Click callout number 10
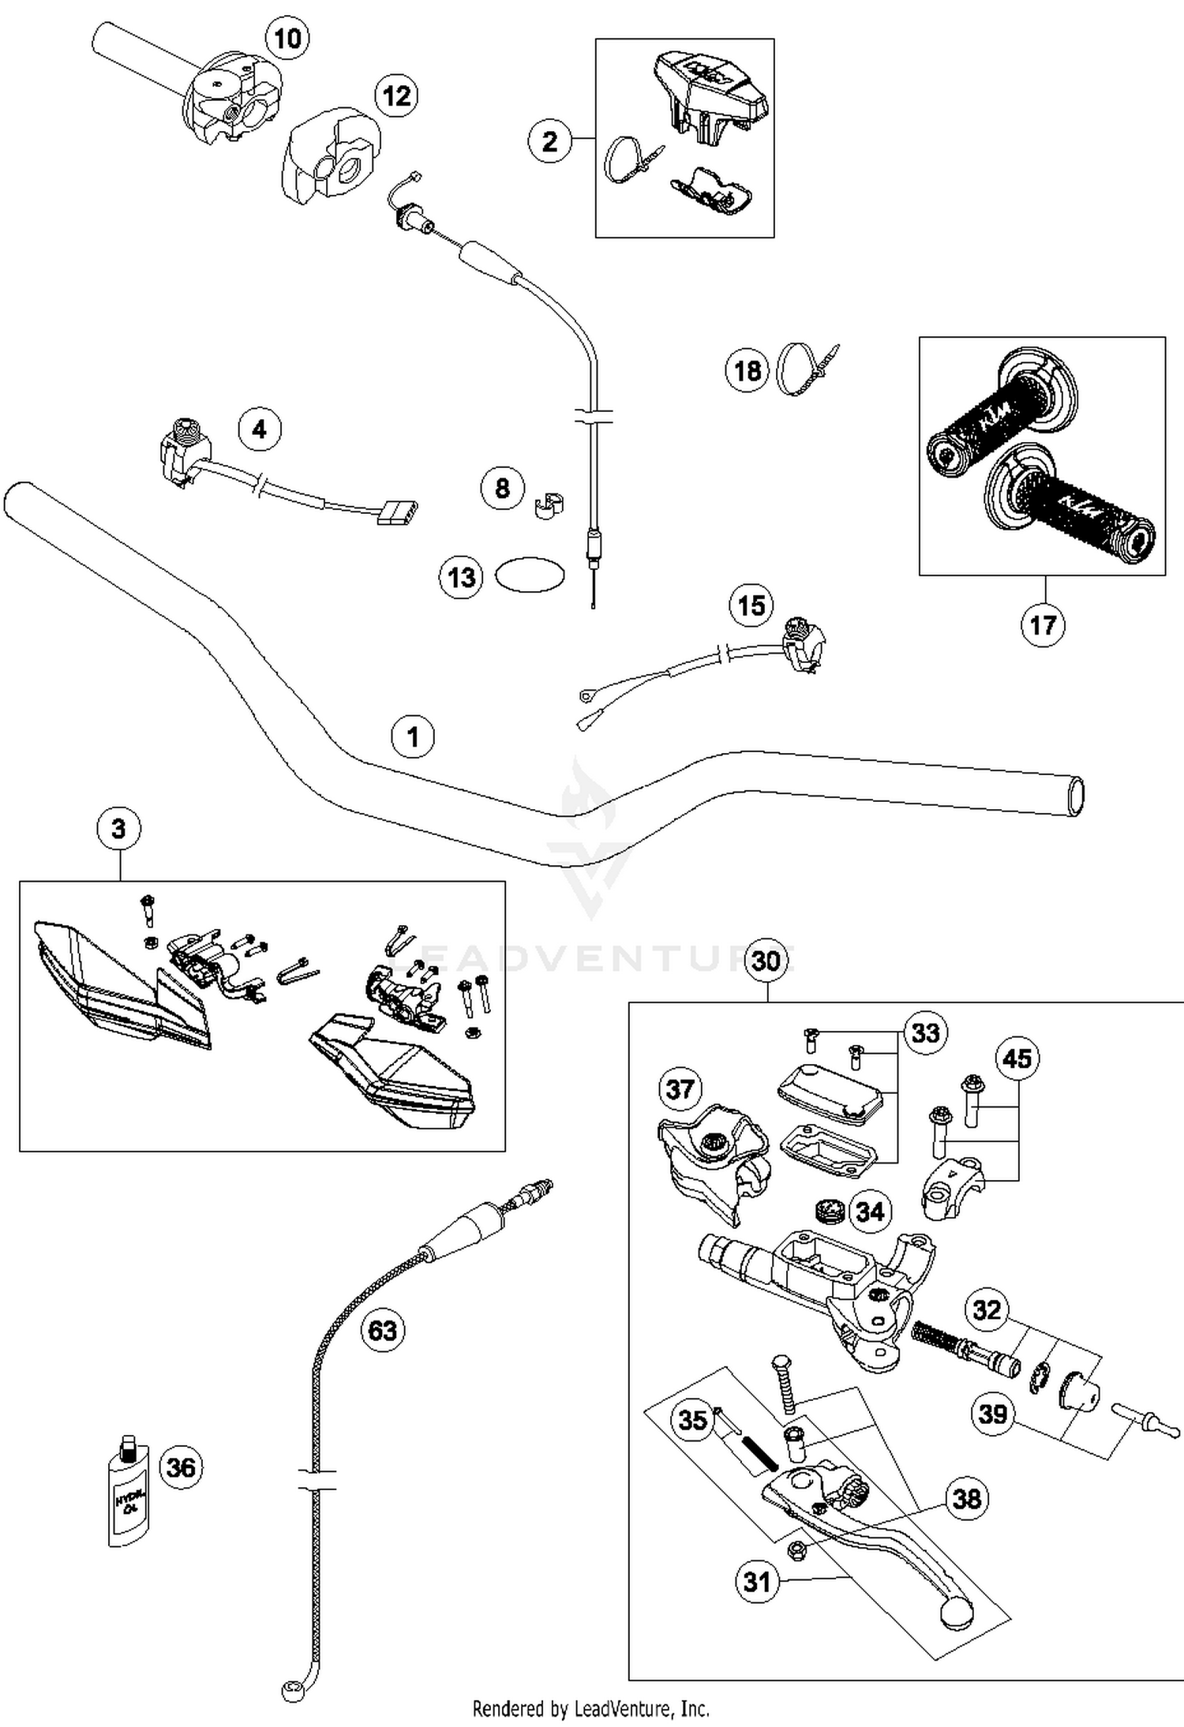pos(287,38)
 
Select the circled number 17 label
pos(1043,625)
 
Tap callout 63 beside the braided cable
pos(383,1330)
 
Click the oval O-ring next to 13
pos(530,575)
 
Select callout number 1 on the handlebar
pos(413,736)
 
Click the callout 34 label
pos(870,1212)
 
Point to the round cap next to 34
pos(830,1210)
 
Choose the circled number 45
pos(1017,1058)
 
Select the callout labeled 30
pos(766,961)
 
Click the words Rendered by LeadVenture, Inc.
pos(590,1709)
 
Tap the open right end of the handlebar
pos(1074,796)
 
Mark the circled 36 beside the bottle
pos(182,1467)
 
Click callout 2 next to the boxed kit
pos(549,141)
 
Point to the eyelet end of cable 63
pos(290,1690)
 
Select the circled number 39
pos(992,1413)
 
